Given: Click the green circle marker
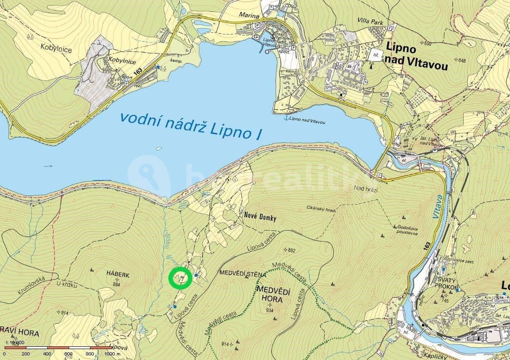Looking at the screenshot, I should [180, 279].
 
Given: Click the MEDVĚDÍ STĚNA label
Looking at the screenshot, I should [242, 273].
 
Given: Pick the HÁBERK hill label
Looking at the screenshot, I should [118, 275].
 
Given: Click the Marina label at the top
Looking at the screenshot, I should [249, 16].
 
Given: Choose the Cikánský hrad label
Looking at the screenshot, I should [321, 209].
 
